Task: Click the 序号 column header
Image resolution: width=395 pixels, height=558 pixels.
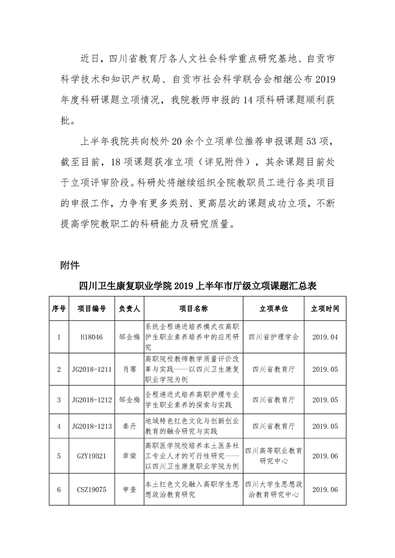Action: (x=59, y=309)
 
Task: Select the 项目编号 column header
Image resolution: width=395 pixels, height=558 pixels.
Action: (x=91, y=309)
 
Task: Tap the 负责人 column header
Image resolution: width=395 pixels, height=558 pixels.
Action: (x=129, y=309)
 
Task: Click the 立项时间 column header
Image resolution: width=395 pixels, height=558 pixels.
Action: (x=325, y=309)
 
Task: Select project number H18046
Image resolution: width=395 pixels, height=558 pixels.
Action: (x=91, y=337)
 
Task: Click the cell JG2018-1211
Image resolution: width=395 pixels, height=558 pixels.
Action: (x=91, y=370)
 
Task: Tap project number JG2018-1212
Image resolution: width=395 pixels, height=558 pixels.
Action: (x=91, y=400)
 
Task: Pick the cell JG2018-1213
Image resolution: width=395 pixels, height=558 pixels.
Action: (x=91, y=426)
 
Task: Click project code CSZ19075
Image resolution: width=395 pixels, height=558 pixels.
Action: (x=91, y=489)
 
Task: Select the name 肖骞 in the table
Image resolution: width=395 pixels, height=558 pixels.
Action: (x=129, y=370)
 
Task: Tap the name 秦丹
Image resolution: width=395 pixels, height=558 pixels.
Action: (x=129, y=426)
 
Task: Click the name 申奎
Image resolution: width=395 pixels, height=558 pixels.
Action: (x=129, y=489)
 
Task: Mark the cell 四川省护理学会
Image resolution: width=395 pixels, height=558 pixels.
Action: (x=273, y=337)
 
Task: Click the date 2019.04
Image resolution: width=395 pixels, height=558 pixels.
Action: (x=325, y=337)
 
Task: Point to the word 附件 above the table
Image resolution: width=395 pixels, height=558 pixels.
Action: (x=70, y=265)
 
